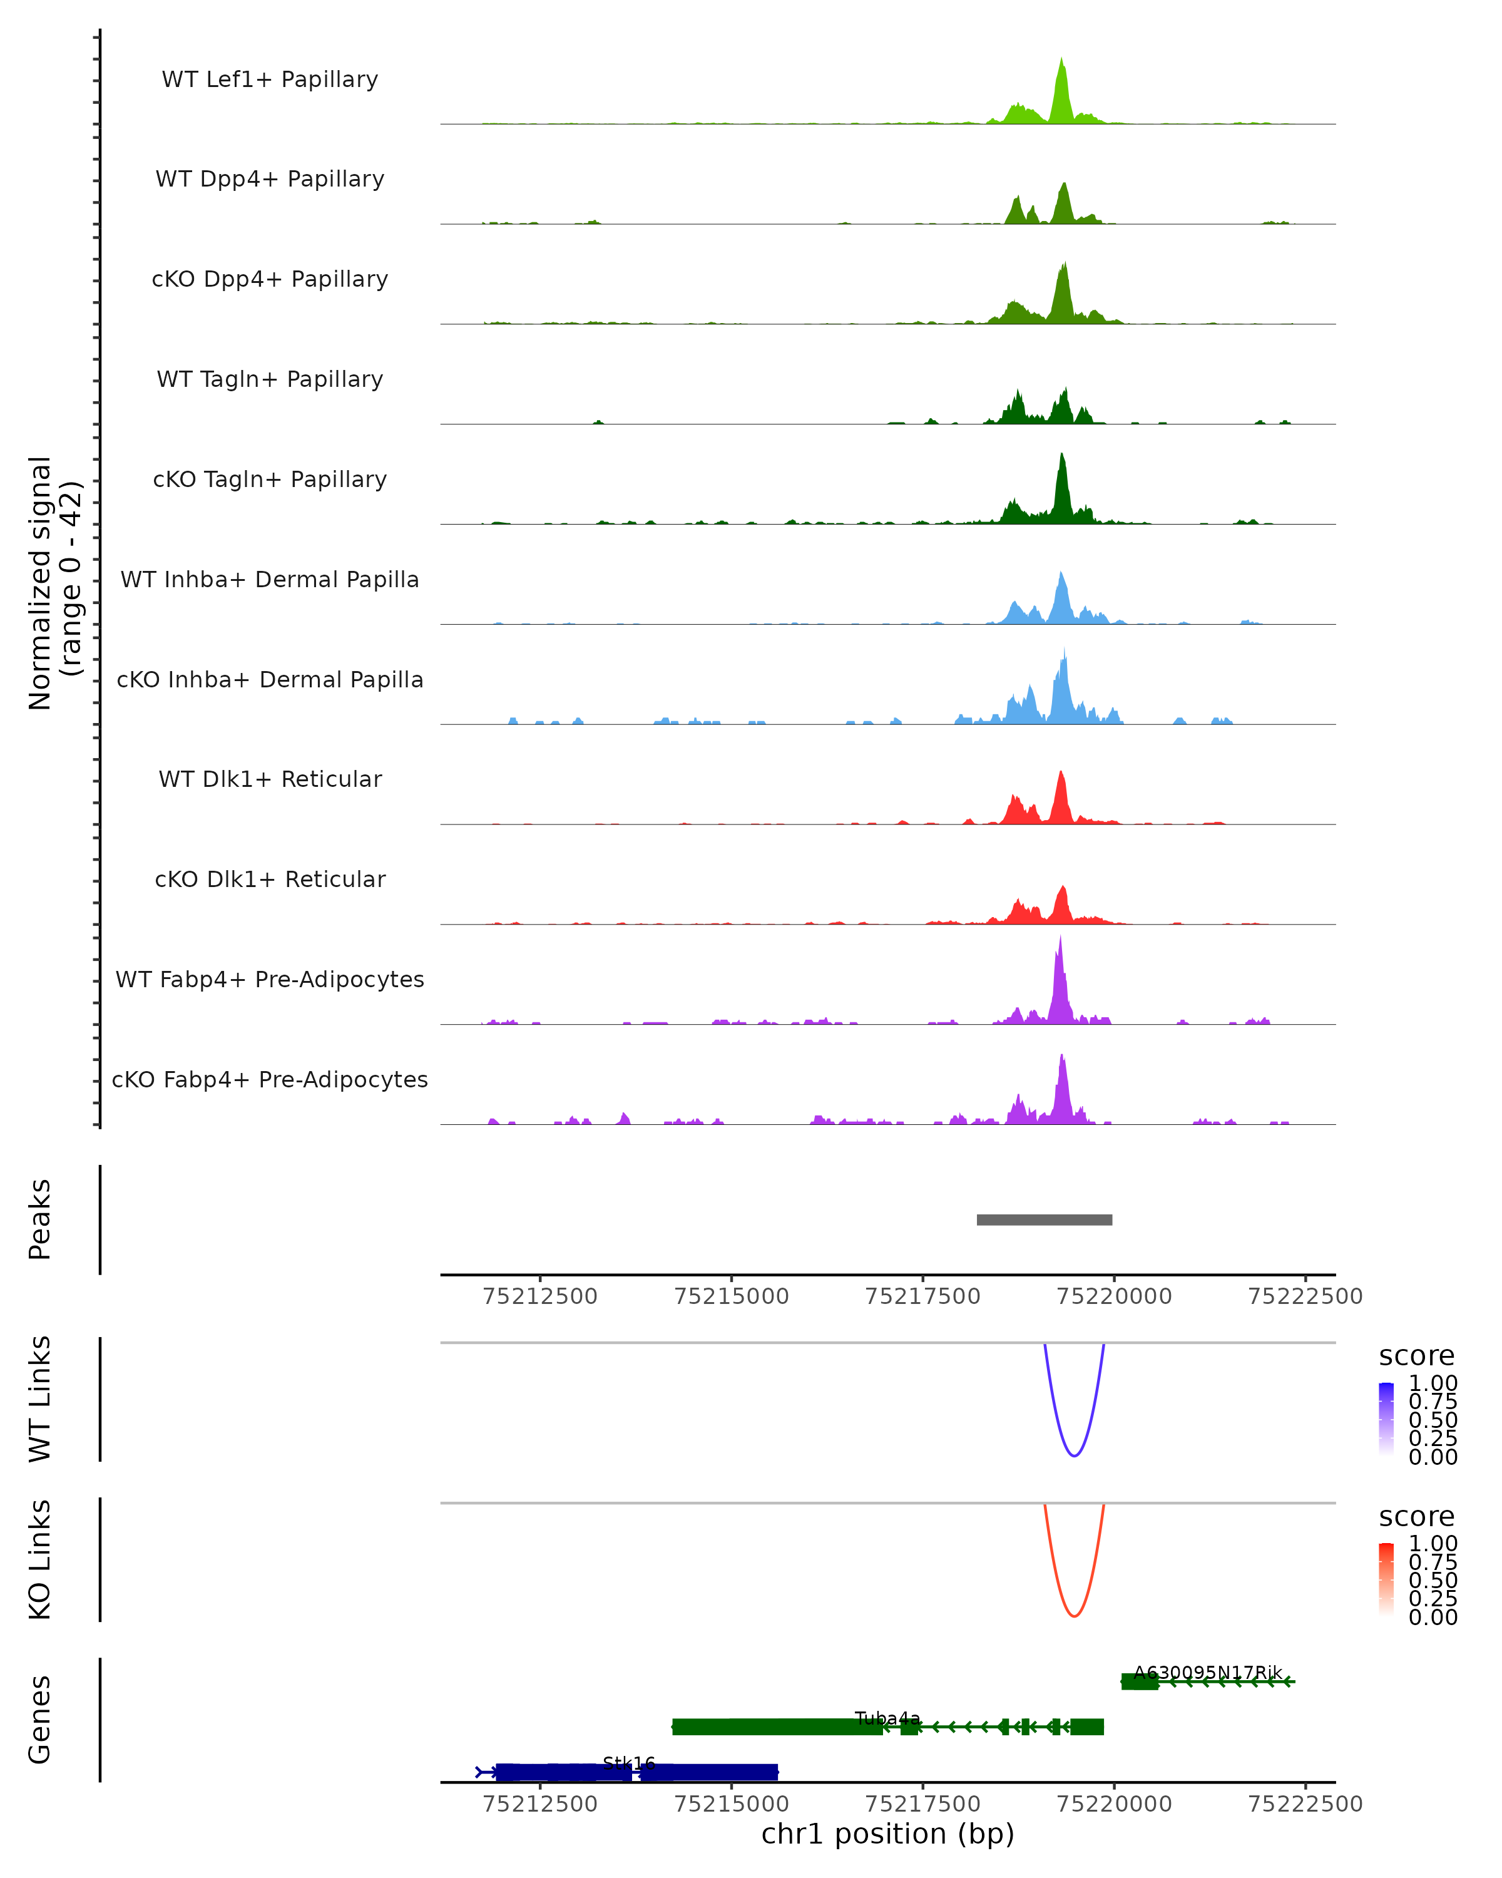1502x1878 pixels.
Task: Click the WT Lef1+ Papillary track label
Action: point(270,80)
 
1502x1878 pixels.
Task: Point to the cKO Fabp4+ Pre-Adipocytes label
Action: point(270,1079)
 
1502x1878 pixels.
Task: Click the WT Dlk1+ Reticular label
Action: point(270,779)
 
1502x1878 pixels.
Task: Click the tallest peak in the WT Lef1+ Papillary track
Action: point(1061,61)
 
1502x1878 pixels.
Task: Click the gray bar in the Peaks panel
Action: point(1044,1219)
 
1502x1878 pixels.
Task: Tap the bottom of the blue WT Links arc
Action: point(1075,1455)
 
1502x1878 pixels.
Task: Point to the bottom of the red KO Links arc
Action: point(1075,1616)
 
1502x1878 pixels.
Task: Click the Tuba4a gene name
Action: point(887,1718)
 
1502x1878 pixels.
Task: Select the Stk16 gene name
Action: point(629,1764)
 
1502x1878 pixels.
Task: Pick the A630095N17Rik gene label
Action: point(1208,1673)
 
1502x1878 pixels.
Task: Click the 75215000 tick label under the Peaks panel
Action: point(732,1297)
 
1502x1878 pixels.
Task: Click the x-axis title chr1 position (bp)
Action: point(887,1834)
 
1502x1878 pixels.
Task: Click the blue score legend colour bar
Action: point(1386,1419)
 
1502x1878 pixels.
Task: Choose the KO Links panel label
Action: point(40,1559)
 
